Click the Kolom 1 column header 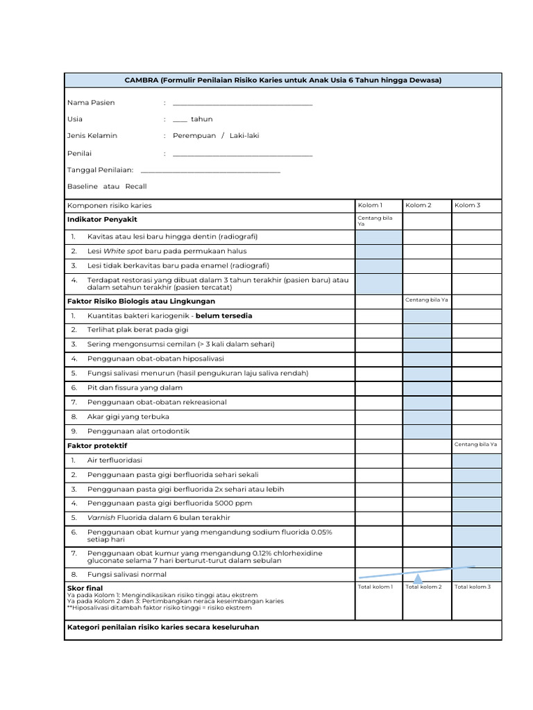tap(369, 205)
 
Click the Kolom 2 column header tap(418, 205)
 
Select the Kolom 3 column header tap(467, 205)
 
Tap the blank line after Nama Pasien tap(242, 103)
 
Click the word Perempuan tap(194, 136)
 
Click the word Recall tap(136, 187)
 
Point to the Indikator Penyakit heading tap(102, 220)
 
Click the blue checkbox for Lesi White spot tap(379, 252)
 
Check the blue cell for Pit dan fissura tap(427, 388)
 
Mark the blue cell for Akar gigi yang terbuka tap(427, 417)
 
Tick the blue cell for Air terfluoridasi tap(476, 460)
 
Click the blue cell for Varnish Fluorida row tap(476, 518)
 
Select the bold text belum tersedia tap(224, 316)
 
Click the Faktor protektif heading tap(97, 446)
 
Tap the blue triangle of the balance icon tap(418, 579)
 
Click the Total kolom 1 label tap(375, 587)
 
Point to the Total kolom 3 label tap(472, 587)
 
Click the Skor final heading tap(85, 588)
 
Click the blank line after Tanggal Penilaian tap(210, 170)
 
